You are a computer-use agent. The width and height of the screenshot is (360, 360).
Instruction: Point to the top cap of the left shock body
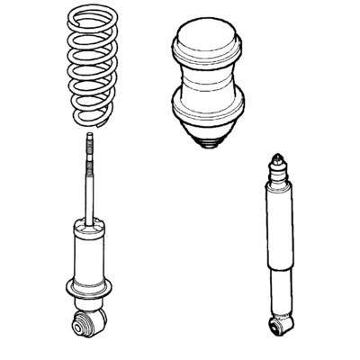point(89,227)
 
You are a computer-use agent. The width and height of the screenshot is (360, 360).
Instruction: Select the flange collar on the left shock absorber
point(89,289)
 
